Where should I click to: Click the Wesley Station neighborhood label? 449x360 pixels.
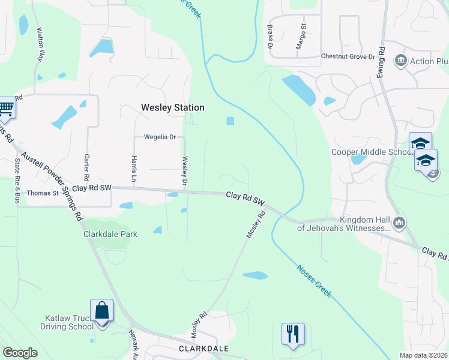tap(172, 108)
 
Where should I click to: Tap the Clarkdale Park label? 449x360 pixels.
tap(110, 234)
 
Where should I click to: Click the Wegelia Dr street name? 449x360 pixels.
tap(159, 137)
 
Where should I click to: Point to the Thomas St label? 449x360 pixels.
tap(43, 193)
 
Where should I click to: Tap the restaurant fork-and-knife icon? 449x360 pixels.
tap(293, 334)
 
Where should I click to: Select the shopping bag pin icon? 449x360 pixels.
tap(101, 311)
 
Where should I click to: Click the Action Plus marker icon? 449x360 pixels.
tap(400, 61)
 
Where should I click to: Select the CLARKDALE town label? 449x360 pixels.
tap(204, 348)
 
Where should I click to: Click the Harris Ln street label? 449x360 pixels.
tap(134, 169)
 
